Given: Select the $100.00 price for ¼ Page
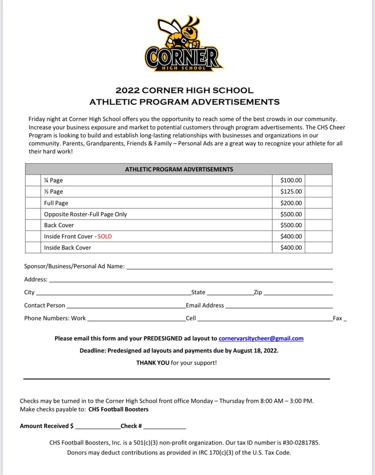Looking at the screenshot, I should [x=291, y=180].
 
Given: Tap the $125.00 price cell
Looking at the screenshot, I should [x=291, y=192].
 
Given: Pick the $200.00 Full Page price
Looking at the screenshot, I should [x=291, y=203].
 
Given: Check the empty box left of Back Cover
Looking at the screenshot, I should [x=33, y=225].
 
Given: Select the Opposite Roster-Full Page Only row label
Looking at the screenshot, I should [x=85, y=214].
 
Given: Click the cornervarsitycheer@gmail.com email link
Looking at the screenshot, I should [x=261, y=338].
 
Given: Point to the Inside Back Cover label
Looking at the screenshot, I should [x=68, y=247].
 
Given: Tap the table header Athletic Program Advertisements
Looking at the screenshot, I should [x=179, y=169].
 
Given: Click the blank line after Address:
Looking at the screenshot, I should [x=190, y=281].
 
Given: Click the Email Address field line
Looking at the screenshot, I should [x=279, y=307].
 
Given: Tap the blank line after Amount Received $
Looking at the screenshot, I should [x=97, y=427].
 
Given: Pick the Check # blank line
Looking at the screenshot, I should [x=165, y=427].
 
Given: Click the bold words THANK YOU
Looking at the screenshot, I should [x=153, y=363].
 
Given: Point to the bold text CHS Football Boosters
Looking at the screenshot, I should [x=118, y=409].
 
